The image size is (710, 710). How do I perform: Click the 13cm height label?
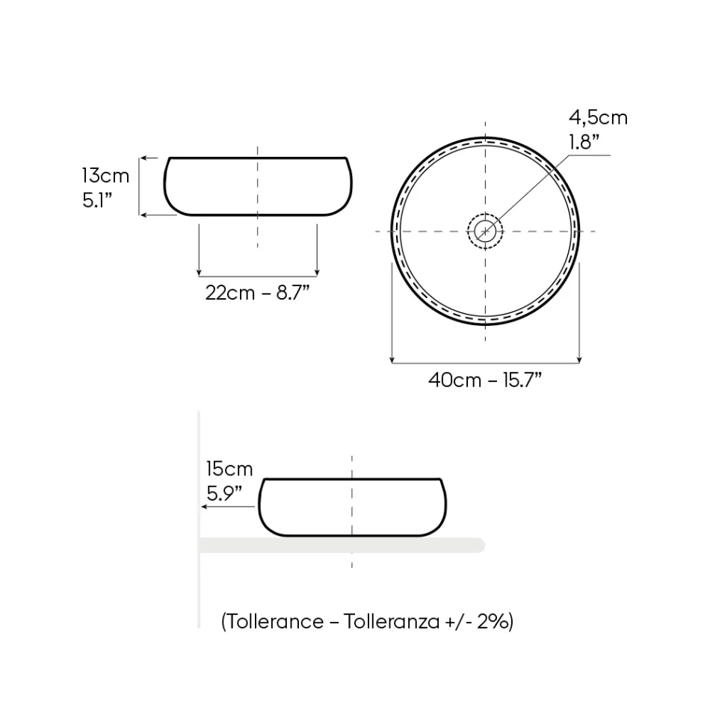(105, 176)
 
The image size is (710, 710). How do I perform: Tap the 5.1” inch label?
(97, 200)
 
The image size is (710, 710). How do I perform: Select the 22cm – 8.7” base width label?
(257, 293)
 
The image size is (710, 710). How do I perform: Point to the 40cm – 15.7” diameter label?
(485, 380)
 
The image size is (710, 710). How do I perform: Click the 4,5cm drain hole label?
(598, 118)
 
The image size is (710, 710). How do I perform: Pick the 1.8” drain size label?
(584, 142)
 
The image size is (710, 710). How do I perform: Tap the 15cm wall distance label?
(229, 469)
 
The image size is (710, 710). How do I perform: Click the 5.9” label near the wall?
(224, 493)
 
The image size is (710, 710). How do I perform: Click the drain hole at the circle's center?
(485, 232)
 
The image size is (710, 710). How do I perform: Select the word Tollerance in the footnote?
(275, 621)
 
